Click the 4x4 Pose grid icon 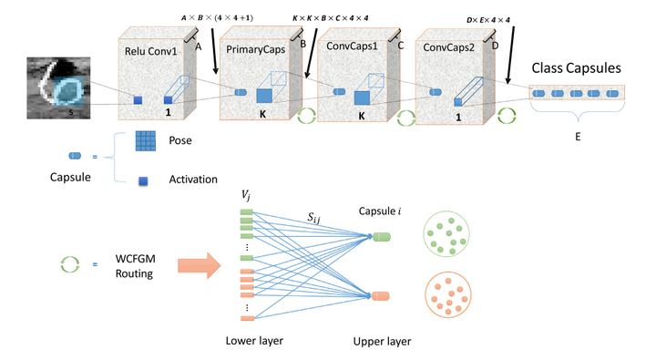(x=146, y=142)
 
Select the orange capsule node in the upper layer (x=381, y=296)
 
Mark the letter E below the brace (x=576, y=136)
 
